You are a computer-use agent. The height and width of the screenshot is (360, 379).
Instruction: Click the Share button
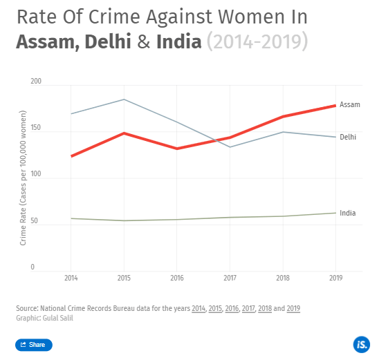(33, 345)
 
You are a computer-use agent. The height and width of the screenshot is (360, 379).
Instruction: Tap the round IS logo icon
(360, 345)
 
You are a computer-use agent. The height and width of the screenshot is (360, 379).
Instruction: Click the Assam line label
(350, 104)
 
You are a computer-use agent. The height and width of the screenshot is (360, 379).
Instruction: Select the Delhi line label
(349, 137)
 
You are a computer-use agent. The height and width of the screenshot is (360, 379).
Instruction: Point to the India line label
(348, 213)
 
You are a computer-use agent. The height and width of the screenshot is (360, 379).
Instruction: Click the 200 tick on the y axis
(37, 82)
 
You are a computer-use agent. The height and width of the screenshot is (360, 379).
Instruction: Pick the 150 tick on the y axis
(37, 128)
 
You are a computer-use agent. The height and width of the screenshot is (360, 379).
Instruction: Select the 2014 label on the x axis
(71, 278)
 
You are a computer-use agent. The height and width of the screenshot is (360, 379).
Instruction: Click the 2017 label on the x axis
(230, 278)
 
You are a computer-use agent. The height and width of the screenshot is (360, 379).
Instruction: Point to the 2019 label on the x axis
(335, 278)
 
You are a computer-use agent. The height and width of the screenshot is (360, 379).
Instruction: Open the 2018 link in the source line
(265, 307)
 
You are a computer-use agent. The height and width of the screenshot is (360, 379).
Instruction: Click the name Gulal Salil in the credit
(57, 318)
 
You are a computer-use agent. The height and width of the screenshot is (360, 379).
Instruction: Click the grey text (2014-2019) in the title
(257, 41)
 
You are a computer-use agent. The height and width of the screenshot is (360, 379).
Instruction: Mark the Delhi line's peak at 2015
(124, 100)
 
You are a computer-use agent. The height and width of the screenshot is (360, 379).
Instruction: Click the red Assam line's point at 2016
(177, 149)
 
